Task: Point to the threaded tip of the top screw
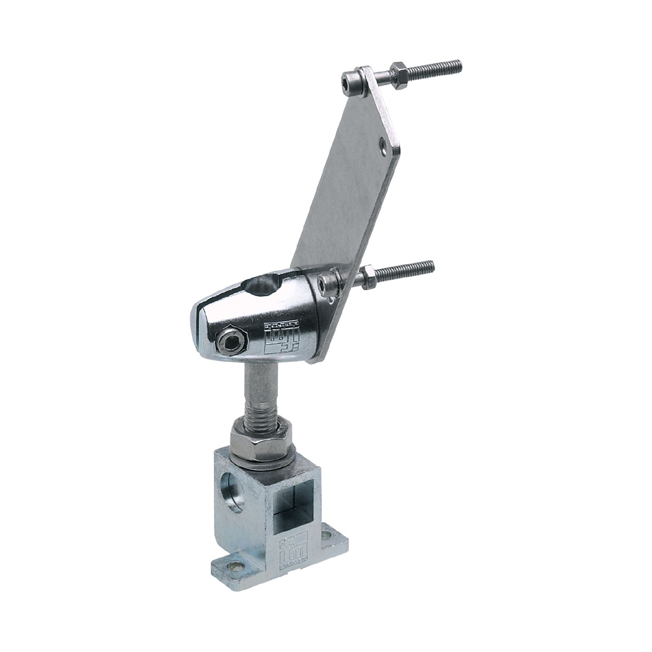[x=452, y=67]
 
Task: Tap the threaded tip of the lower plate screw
[x=424, y=266]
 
